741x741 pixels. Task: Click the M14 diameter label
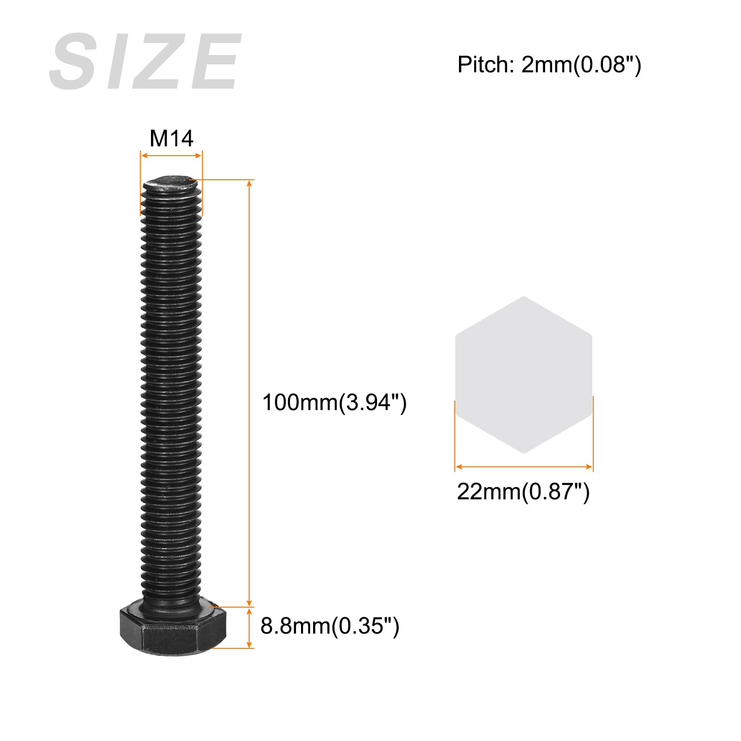(171, 138)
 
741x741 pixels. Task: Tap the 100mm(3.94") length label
(334, 402)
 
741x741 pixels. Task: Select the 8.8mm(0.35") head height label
(330, 626)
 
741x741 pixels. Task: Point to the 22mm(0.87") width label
(523, 491)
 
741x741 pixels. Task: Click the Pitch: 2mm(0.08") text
(549, 64)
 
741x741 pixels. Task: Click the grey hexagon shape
(524, 375)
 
